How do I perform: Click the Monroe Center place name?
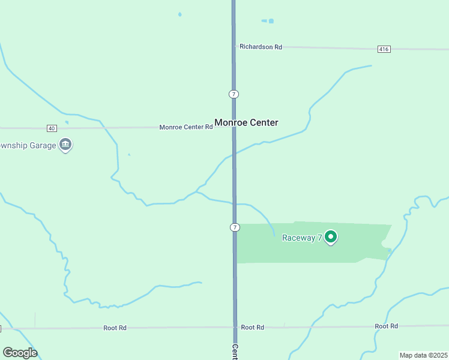tap(246, 122)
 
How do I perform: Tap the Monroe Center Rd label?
tap(186, 127)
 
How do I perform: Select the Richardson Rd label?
tap(261, 46)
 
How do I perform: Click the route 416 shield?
tap(384, 49)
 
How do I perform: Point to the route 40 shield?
tap(52, 128)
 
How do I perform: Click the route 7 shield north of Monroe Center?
tap(234, 94)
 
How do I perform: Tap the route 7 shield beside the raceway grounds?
tap(234, 227)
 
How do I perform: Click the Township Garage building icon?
tap(65, 145)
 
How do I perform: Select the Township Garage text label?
tap(28, 145)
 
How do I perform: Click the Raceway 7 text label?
tap(303, 238)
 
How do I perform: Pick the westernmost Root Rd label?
tap(115, 328)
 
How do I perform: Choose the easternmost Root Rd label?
tap(386, 326)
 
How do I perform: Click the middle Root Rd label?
tap(252, 327)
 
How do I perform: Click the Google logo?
tap(19, 353)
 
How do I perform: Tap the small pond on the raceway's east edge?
tap(384, 244)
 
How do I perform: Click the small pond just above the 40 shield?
tap(66, 122)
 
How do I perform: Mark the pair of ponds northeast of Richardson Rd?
tap(268, 21)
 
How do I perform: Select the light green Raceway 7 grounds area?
tap(312, 252)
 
